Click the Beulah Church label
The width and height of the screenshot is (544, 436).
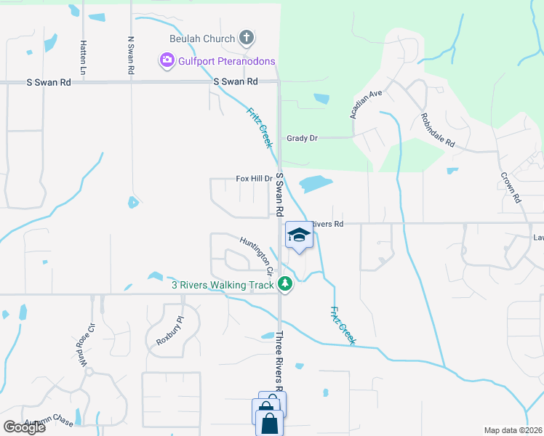tap(202, 39)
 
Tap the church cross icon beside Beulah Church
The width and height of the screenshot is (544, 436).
tap(247, 38)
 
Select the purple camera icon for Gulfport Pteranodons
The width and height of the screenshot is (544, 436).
tap(167, 60)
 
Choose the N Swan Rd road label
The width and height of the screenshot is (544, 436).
tap(131, 56)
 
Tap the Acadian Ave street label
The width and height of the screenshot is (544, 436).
tap(366, 106)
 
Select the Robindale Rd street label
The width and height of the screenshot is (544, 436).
tap(437, 131)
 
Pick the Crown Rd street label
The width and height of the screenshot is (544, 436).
tap(511, 187)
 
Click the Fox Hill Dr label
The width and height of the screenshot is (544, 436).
tap(254, 178)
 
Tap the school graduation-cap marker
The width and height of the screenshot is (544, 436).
tap(297, 234)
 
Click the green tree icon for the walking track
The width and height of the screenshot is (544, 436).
tap(286, 286)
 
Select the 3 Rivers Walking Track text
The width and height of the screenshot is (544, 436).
tap(221, 286)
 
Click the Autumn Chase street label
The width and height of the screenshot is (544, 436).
tap(49, 422)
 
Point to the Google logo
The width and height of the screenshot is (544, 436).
tap(23, 427)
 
